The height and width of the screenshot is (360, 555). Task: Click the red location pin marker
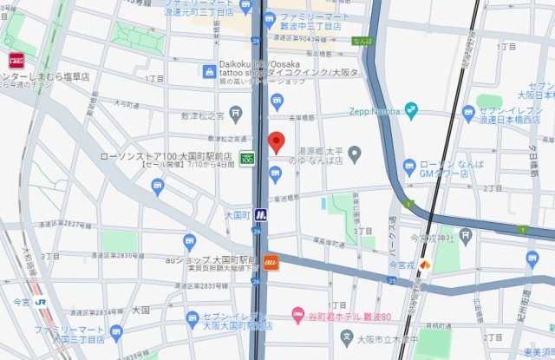(x=277, y=142)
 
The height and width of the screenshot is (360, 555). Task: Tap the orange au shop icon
(x=270, y=261)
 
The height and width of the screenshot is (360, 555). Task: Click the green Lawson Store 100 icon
(x=247, y=160)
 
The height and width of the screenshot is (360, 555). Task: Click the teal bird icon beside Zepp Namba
(x=410, y=111)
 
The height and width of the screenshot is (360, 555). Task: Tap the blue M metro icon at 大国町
(x=260, y=214)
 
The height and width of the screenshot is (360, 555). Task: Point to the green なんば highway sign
(x=362, y=41)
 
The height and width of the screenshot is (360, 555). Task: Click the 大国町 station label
(x=237, y=214)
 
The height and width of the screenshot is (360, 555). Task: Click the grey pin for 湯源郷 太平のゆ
(x=355, y=154)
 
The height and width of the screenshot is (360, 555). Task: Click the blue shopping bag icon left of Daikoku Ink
(x=209, y=72)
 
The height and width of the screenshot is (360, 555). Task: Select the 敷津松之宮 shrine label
(x=202, y=113)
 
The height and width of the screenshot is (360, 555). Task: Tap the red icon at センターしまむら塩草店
(x=16, y=61)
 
